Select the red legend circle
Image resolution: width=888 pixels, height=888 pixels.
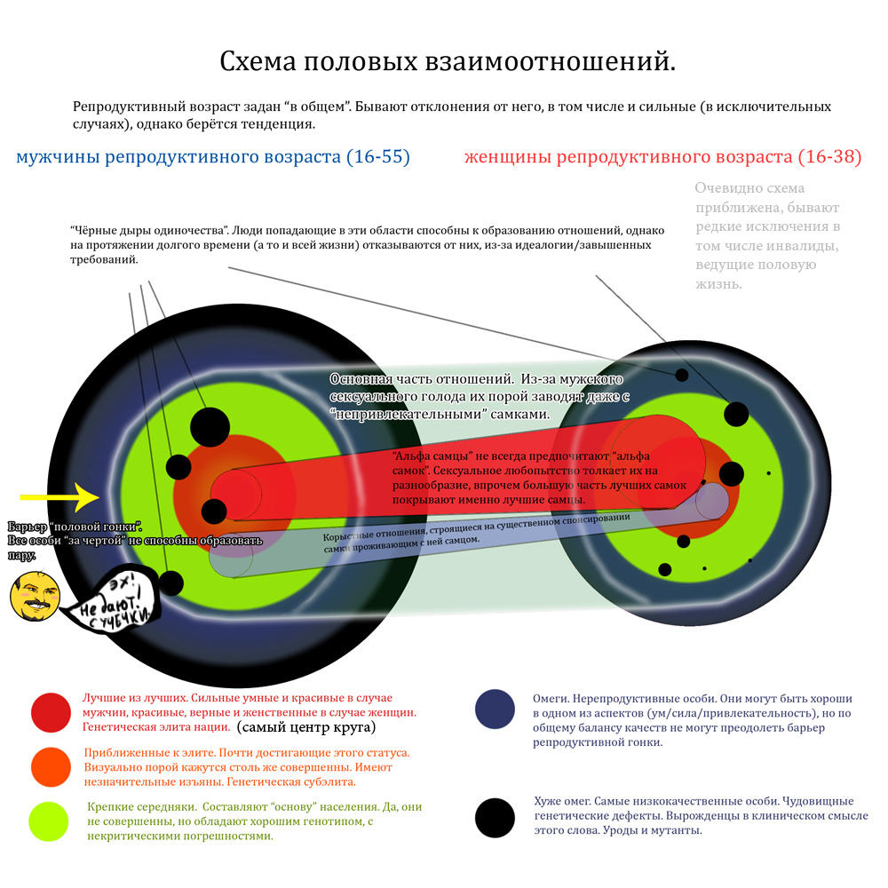[x=51, y=712]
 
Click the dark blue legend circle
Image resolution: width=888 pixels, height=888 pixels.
[x=495, y=710]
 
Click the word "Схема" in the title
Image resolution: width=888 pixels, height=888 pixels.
[x=258, y=62]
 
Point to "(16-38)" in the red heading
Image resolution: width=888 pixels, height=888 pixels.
[x=829, y=158]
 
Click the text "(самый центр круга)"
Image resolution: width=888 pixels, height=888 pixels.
[x=305, y=728]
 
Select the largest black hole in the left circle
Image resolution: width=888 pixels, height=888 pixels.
[x=210, y=427]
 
